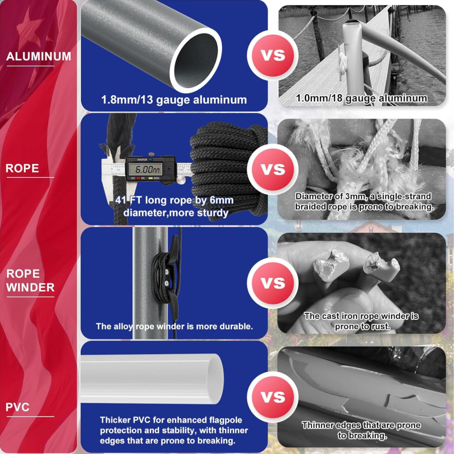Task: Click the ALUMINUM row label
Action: click(x=39, y=56)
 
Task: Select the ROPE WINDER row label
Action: click(x=30, y=280)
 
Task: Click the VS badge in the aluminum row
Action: click(x=273, y=56)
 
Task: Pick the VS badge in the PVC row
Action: click(x=273, y=397)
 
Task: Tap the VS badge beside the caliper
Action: click(x=273, y=169)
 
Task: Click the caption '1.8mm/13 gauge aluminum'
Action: click(x=174, y=100)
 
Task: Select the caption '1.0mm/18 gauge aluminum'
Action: click(x=362, y=98)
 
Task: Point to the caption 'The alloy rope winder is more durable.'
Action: click(x=174, y=326)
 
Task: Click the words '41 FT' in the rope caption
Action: click(x=128, y=200)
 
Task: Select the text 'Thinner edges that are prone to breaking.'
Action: click(x=361, y=430)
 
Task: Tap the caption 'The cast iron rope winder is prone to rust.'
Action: click(x=361, y=321)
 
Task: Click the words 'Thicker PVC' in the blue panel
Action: click(x=125, y=420)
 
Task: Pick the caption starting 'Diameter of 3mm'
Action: click(x=364, y=202)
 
